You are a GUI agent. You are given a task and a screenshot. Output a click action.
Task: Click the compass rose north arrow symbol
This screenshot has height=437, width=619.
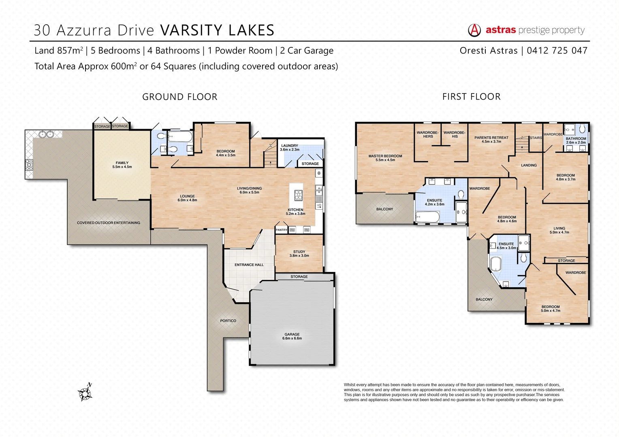85,392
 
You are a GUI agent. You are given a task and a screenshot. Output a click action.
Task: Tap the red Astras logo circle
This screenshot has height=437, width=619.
474,30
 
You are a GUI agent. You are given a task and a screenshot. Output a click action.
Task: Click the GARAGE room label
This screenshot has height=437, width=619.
292,336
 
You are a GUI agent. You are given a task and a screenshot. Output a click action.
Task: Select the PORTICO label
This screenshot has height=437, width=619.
228,321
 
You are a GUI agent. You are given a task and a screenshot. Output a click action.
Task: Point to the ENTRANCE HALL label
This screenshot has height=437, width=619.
249,265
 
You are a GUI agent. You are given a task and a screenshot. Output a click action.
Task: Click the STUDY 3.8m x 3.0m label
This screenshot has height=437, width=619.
299,254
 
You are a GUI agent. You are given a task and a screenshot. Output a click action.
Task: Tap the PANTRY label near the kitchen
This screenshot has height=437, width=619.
281,230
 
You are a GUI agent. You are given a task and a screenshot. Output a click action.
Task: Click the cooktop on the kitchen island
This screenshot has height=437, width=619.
298,195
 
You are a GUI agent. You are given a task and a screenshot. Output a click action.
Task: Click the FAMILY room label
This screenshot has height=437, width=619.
122,165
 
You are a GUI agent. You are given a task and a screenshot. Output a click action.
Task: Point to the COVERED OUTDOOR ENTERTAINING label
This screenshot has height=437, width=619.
109,223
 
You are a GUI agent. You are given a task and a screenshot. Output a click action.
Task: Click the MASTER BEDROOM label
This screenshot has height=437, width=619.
385,158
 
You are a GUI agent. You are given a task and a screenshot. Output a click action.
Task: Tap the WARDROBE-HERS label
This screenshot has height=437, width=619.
428,134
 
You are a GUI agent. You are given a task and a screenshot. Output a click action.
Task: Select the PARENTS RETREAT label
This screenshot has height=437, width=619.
491,140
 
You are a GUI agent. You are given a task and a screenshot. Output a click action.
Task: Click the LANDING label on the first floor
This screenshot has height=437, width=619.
529,165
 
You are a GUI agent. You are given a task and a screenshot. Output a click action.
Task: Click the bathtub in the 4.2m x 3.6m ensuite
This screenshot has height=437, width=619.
427,217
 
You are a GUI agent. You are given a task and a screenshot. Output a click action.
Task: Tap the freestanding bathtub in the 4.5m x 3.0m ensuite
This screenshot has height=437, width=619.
495,263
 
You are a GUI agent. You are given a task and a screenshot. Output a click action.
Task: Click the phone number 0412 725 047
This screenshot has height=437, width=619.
557,51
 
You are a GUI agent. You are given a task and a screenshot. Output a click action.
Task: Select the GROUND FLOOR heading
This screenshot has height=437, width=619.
180,97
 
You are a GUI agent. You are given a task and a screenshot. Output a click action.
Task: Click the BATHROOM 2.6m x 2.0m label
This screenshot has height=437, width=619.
576,140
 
